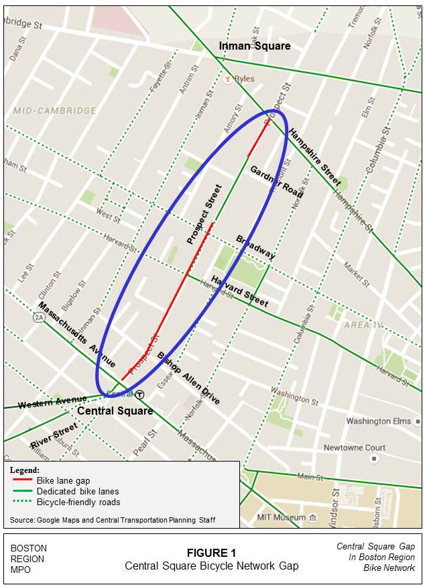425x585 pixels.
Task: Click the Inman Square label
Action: tap(255, 46)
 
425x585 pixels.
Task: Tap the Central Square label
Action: tap(115, 411)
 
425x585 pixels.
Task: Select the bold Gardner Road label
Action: tap(276, 180)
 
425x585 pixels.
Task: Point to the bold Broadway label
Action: tap(255, 247)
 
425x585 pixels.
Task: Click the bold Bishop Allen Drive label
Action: tap(188, 378)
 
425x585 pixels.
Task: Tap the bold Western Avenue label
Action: tap(52, 403)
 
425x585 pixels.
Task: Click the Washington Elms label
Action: tap(377, 421)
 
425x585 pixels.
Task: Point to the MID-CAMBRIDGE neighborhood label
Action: tap(55, 111)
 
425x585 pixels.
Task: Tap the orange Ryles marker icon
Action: tap(228, 79)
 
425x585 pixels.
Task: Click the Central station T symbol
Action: tap(141, 394)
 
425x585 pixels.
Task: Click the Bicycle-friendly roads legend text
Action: tap(78, 502)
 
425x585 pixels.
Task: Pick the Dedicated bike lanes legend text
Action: tap(78, 491)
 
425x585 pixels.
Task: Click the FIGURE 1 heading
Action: tap(212, 553)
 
